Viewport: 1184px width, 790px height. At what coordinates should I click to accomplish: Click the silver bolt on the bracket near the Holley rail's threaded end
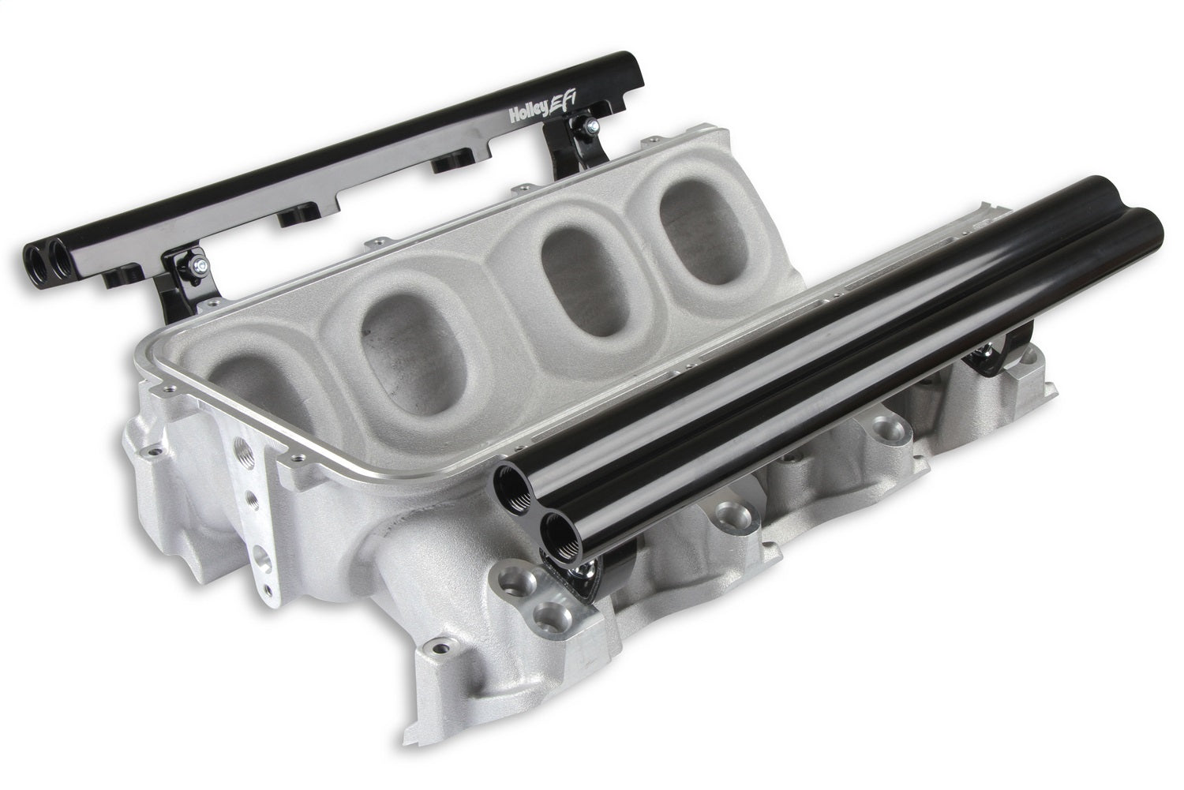pyautogui.click(x=200, y=264)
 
